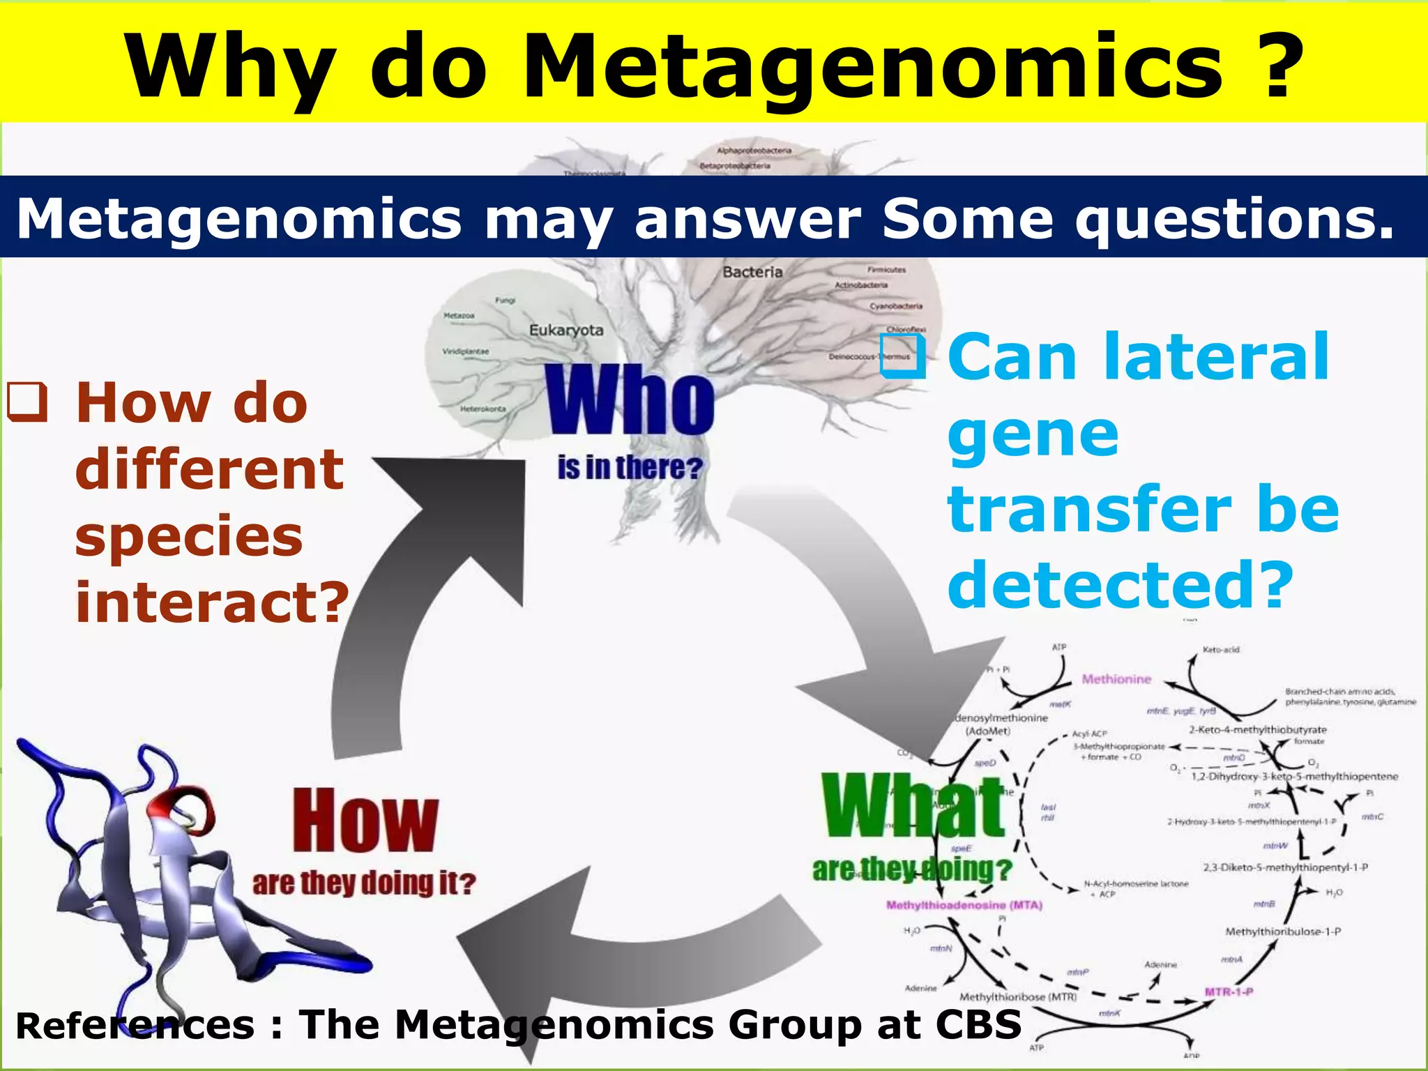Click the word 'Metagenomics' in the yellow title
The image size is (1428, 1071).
point(872,68)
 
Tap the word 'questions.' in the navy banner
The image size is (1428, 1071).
point(1234,218)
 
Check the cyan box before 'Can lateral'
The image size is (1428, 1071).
point(903,356)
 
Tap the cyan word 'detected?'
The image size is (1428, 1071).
point(1120,584)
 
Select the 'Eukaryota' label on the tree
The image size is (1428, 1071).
point(565,330)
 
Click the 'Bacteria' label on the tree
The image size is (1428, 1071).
point(752,272)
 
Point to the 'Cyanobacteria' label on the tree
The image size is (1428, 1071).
point(895,306)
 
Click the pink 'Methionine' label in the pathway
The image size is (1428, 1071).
point(1116,679)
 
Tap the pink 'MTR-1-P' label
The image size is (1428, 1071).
point(1229,992)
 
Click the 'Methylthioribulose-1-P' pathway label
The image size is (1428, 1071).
point(1283,932)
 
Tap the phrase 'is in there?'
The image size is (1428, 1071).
point(630,468)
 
